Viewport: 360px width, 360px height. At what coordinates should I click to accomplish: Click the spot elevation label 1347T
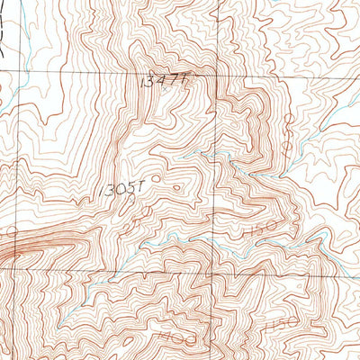click(163, 81)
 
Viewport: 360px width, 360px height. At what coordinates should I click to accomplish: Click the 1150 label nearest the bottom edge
click(282, 321)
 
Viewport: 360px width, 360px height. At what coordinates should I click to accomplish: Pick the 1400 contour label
click(171, 334)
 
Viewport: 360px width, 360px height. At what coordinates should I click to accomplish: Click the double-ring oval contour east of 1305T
click(175, 189)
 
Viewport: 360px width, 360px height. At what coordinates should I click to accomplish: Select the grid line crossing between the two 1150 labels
click(212, 275)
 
